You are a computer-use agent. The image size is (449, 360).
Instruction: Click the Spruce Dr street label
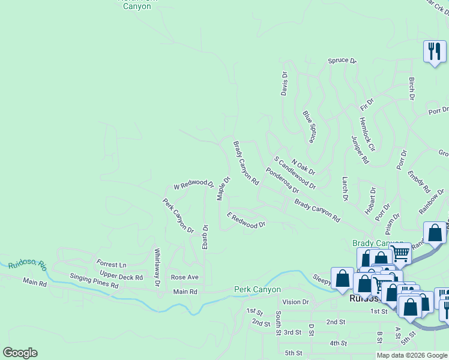tap(342, 61)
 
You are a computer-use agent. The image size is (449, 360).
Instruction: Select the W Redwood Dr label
tap(193, 184)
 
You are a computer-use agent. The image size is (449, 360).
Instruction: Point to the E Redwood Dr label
tap(246, 220)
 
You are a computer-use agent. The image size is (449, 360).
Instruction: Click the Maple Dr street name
tap(223, 188)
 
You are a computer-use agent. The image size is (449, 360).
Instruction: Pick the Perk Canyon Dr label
tap(178, 216)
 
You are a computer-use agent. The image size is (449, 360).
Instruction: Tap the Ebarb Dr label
tap(205, 237)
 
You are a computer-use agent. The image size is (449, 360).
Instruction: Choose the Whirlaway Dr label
tap(157, 266)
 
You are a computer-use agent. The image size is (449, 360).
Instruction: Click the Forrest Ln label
tap(112, 264)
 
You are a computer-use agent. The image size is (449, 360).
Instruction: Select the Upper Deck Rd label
tap(121, 278)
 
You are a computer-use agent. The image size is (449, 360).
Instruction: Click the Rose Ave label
tap(184, 277)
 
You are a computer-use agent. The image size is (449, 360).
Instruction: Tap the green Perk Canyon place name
tap(257, 290)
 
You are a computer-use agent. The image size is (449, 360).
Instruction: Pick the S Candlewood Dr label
tap(295, 172)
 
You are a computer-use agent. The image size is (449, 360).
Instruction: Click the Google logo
tap(20, 353)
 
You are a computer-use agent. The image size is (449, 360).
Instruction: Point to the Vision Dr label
tap(295, 302)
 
